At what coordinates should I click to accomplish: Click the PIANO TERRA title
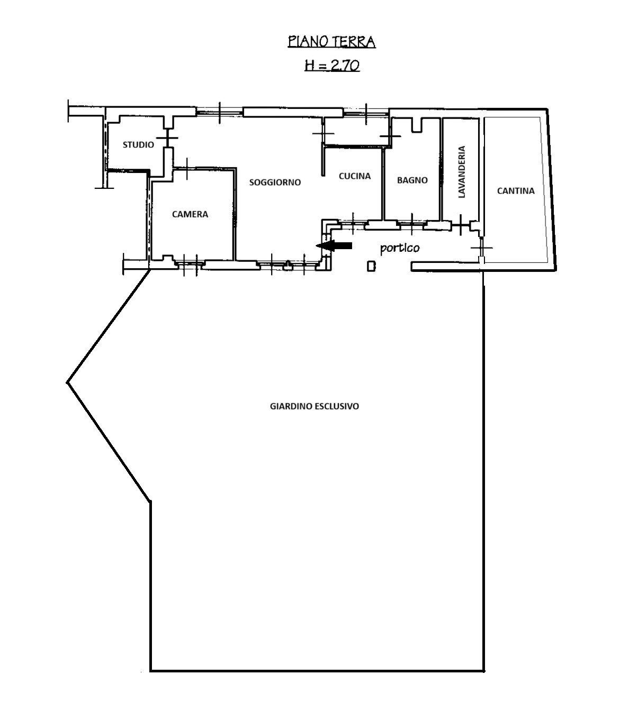(x=331, y=41)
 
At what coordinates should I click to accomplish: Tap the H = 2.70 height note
(x=332, y=65)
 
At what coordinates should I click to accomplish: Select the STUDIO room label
(x=138, y=144)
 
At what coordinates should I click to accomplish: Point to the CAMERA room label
(x=190, y=214)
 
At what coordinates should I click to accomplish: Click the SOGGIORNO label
(x=275, y=183)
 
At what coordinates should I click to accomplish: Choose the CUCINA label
(x=355, y=176)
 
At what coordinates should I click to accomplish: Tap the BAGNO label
(x=412, y=180)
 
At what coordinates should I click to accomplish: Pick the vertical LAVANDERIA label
(x=462, y=172)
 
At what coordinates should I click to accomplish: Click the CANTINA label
(x=516, y=191)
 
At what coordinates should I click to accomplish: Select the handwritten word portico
(x=400, y=248)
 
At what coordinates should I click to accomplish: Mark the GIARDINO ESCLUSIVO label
(x=314, y=406)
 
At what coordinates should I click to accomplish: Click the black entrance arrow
(x=334, y=246)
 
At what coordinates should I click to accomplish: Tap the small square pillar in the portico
(x=371, y=266)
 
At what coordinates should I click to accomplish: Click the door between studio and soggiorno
(x=168, y=138)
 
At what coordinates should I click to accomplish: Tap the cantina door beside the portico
(x=481, y=248)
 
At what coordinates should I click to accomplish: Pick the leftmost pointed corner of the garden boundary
(x=67, y=382)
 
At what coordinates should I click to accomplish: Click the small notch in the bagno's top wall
(x=417, y=125)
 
